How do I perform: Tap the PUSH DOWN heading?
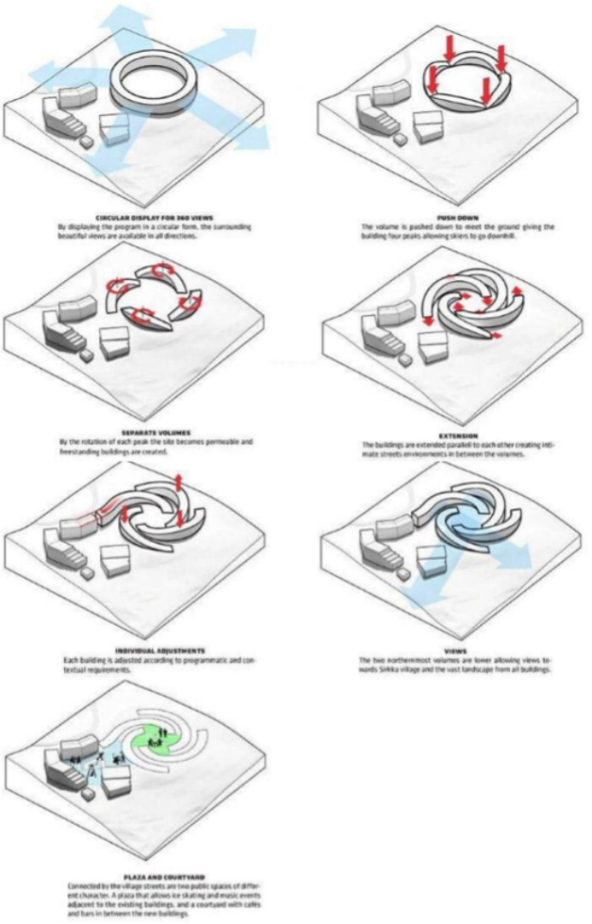[452, 216]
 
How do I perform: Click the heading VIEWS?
[452, 650]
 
